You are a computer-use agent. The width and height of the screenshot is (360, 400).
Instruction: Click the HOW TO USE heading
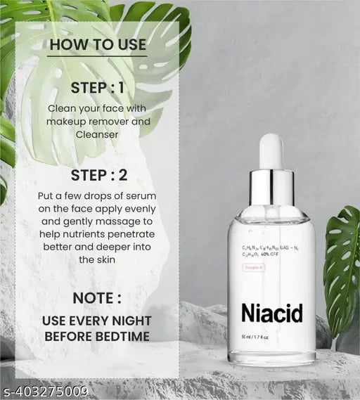click(x=97, y=46)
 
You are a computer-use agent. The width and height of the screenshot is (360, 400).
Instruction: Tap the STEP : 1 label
click(x=98, y=87)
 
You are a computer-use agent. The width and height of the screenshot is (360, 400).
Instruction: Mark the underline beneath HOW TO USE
click(x=97, y=56)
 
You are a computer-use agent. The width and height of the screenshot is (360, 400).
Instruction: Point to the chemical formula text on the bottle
click(x=271, y=252)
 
